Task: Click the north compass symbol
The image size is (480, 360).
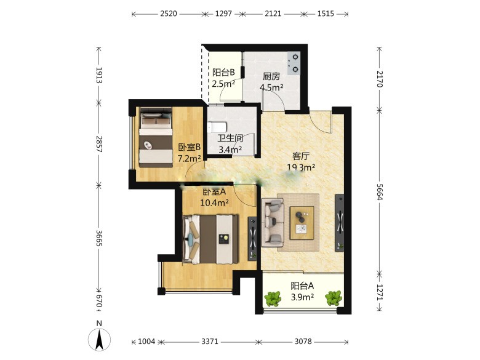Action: (x=99, y=339)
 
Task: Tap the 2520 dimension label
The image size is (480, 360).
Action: (x=169, y=14)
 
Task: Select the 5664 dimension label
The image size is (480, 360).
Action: (x=380, y=192)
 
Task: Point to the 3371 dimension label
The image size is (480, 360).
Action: (x=210, y=342)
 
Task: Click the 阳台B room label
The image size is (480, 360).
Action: (x=223, y=73)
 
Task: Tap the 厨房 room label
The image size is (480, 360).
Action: (x=271, y=76)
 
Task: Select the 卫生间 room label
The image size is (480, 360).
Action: (x=230, y=138)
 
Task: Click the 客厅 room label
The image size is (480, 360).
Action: (x=300, y=156)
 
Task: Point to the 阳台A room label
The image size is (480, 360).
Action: (x=302, y=286)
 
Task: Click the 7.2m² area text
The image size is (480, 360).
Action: (x=190, y=158)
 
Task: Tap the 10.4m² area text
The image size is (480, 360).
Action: (x=214, y=202)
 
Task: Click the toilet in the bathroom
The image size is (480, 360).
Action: (x=217, y=127)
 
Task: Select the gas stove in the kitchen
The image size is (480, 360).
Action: (x=294, y=63)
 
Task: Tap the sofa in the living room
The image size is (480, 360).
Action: (x=273, y=223)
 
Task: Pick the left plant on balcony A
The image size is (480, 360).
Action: (x=273, y=298)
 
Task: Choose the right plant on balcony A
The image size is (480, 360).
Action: (x=334, y=298)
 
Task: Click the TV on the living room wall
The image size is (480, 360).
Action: (x=340, y=223)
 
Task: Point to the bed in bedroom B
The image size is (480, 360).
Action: (x=156, y=137)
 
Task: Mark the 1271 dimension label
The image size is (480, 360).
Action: (x=380, y=292)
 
